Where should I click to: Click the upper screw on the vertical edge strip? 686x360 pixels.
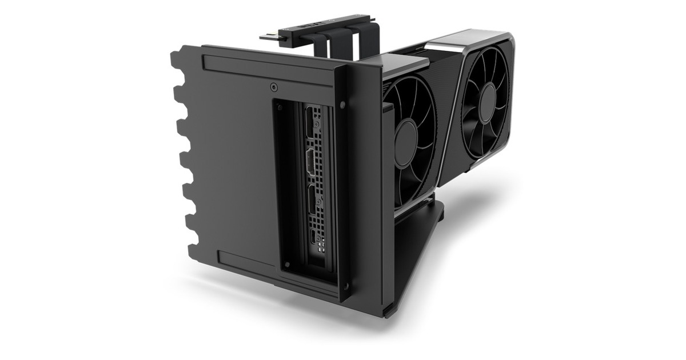[x=342, y=105]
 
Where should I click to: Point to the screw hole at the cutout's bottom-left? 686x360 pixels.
[x=286, y=266]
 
